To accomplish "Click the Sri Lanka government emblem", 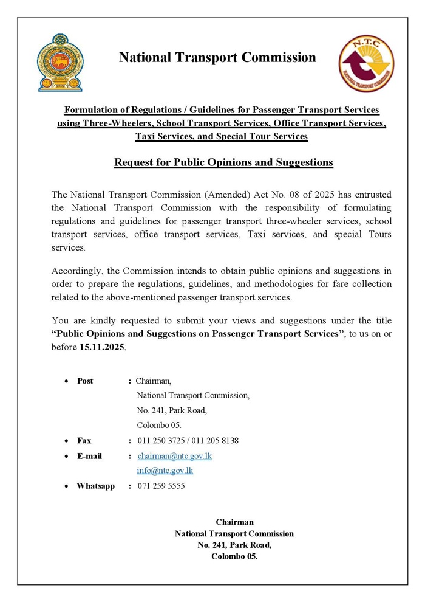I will point(60,63).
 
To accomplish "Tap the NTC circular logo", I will point(365,63).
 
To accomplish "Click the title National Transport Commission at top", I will point(217,58).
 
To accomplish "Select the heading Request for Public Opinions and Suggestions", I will point(223,162).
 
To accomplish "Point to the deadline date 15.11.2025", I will point(102,347).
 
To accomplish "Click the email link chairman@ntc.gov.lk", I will point(175,456).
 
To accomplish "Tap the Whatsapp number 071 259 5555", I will point(161,486).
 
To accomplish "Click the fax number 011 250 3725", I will point(159,441).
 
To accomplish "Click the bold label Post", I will point(85,381).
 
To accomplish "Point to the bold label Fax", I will point(84,441).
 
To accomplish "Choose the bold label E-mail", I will point(89,456).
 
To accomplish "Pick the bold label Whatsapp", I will point(95,486).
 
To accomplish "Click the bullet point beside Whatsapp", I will point(66,486).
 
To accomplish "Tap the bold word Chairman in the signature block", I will point(234,522).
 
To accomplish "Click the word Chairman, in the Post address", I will point(154,381).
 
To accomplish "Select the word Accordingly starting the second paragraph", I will point(78,271).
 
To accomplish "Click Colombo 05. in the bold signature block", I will point(234,556).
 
